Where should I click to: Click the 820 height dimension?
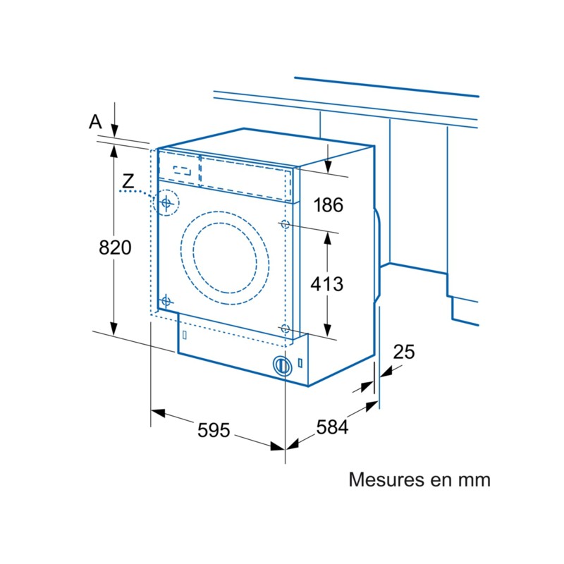(115, 247)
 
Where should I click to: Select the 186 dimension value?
(328, 205)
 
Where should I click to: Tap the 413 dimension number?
(328, 283)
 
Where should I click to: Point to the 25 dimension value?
(404, 352)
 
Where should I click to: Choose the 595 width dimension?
(214, 429)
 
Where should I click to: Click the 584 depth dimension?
(331, 427)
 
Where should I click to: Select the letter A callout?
(95, 122)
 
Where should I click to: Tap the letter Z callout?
(127, 181)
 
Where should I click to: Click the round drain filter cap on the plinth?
(282, 365)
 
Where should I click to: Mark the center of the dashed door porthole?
(225, 261)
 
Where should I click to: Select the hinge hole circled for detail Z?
(166, 204)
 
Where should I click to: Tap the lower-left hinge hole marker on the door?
(166, 301)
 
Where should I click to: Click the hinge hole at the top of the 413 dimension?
(285, 225)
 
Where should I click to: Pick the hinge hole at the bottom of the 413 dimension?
(285, 329)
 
